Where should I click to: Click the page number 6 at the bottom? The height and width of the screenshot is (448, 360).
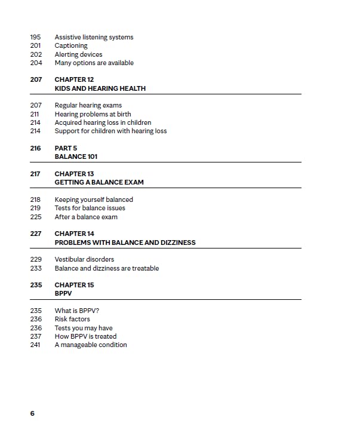32,413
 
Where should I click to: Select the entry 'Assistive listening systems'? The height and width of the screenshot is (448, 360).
94,37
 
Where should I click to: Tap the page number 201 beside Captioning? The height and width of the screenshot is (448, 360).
35,45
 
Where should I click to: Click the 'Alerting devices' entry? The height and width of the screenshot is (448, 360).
78,54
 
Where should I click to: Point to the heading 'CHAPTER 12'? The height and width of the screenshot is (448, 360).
74,79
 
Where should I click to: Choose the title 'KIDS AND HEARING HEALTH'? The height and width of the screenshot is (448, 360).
100,88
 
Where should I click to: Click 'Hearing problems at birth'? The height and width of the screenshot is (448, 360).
93,114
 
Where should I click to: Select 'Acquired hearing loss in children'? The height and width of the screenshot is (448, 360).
103,122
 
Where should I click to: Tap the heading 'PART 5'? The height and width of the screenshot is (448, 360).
66,148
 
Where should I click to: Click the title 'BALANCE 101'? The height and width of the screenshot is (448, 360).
76,157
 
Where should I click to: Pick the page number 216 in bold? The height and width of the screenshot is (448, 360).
35,148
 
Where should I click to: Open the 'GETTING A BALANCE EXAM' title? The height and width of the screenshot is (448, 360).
99,182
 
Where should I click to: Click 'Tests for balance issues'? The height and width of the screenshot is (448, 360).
90,208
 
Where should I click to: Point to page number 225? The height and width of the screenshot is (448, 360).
35,217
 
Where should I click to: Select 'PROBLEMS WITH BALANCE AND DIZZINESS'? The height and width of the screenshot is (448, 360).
125,243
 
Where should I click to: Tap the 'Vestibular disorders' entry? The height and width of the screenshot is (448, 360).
84,259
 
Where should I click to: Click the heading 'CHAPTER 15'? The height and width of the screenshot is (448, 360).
74,285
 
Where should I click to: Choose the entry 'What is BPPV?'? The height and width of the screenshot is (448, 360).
76,311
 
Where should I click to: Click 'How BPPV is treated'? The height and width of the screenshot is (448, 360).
85,336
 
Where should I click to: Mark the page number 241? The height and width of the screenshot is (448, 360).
35,345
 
